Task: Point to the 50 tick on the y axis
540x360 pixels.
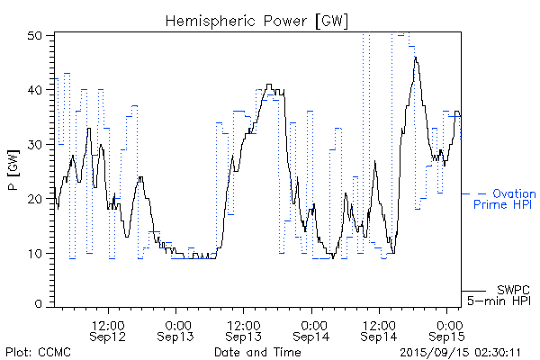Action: coord(36,36)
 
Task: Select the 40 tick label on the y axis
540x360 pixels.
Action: coord(36,90)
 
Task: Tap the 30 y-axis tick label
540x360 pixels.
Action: coord(36,145)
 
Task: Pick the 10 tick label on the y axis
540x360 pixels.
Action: coord(36,253)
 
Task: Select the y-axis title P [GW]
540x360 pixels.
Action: coord(13,170)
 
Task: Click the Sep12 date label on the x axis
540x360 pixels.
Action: coord(108,336)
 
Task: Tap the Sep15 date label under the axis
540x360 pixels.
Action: coord(447,336)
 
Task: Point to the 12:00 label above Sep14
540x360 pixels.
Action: coord(379,322)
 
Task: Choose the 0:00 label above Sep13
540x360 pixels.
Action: coord(176,322)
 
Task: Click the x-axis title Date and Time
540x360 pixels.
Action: coord(257,351)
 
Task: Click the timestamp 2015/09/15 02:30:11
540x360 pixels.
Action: coord(462,351)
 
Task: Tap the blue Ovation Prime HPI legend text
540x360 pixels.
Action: coord(504,199)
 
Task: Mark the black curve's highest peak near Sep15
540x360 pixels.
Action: coord(415,58)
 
